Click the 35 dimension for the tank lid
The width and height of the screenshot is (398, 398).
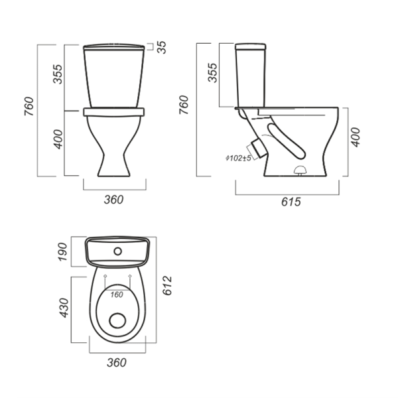click(x=162, y=47)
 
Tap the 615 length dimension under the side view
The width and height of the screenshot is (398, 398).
click(x=291, y=202)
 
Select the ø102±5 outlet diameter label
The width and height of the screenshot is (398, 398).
click(x=238, y=158)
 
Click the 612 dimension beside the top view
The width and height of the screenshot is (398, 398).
click(x=167, y=285)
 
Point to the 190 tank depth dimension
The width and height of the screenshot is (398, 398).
click(x=62, y=251)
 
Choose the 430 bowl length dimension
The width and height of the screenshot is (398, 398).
click(x=64, y=308)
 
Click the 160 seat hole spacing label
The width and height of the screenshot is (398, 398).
click(x=117, y=295)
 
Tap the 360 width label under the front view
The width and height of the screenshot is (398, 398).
click(x=113, y=200)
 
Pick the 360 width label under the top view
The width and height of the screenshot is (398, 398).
click(x=117, y=363)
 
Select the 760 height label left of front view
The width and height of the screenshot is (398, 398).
click(x=29, y=106)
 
